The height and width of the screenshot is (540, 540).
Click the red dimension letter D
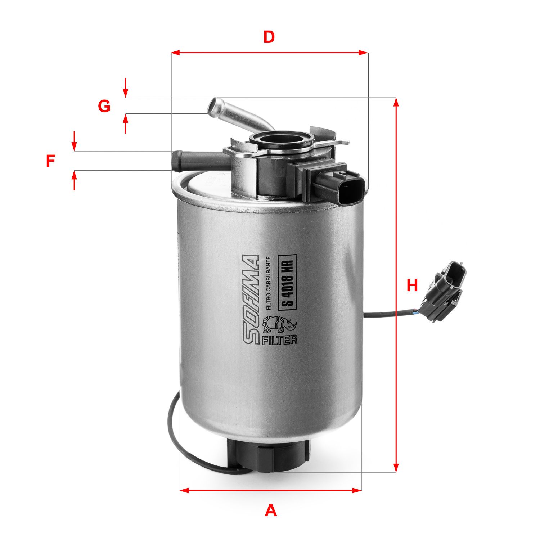[269, 37]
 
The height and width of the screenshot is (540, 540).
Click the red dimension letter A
[271, 510]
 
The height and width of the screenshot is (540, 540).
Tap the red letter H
[412, 285]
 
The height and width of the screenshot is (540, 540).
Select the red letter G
[104, 106]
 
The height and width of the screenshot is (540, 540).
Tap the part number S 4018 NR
[287, 281]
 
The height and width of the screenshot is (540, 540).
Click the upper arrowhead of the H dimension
[396, 102]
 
